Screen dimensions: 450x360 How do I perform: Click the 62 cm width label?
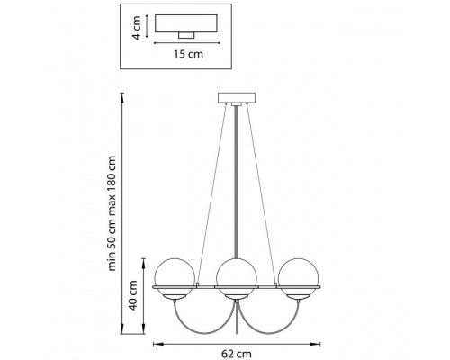(237, 354)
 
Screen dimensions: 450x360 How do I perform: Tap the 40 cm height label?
(132, 295)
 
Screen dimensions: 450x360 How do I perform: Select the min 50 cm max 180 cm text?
(112, 213)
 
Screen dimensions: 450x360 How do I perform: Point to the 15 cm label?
(188, 54)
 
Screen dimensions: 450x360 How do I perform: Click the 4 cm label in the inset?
(136, 28)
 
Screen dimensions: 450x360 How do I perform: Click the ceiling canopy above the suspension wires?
(237, 98)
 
